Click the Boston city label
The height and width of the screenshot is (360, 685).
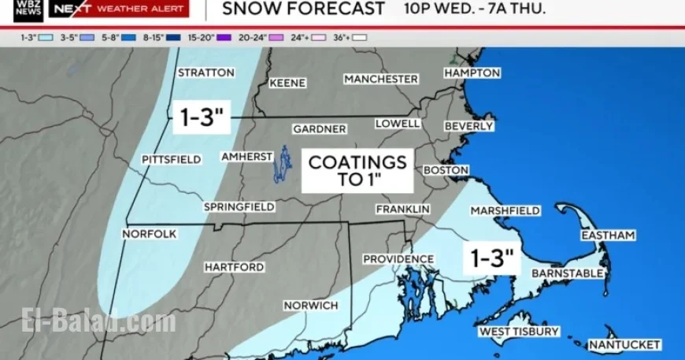[x=446, y=170]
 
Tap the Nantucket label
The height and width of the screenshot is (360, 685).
[x=625, y=344]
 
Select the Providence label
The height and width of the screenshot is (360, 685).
[x=398, y=259]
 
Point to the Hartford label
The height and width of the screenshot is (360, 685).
[x=234, y=267]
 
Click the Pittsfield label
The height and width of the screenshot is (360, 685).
[x=171, y=159]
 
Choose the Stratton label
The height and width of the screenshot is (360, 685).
[x=206, y=72]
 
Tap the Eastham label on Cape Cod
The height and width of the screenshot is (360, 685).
[x=608, y=236]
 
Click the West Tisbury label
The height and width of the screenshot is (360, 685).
[x=520, y=332]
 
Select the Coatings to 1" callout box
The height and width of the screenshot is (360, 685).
[x=357, y=170]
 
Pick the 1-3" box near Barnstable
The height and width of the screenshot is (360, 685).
[x=492, y=257]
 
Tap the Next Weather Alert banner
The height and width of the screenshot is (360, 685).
[x=119, y=9]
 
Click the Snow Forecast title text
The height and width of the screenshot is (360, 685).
[x=303, y=9]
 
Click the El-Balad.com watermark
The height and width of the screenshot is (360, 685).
[x=100, y=321]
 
